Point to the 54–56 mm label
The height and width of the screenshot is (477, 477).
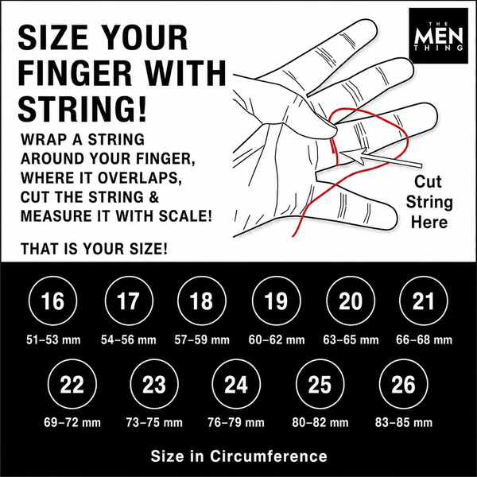(x=128, y=339)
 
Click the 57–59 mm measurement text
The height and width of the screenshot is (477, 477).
(x=202, y=339)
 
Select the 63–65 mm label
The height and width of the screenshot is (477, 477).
(x=351, y=339)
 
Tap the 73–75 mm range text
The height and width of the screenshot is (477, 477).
(x=154, y=423)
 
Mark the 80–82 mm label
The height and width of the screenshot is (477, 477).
(x=320, y=423)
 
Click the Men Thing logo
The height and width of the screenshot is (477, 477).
(x=438, y=36)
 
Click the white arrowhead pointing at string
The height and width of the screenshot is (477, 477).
(x=354, y=154)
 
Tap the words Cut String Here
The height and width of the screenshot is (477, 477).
(x=429, y=202)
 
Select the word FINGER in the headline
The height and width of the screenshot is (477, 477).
(x=75, y=73)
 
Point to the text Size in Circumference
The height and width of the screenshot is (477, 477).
(x=238, y=456)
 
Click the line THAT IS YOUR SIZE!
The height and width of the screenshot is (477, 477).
(x=94, y=249)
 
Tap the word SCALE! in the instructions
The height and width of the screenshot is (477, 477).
(x=185, y=216)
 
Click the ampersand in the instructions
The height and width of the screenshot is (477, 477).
(x=154, y=197)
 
